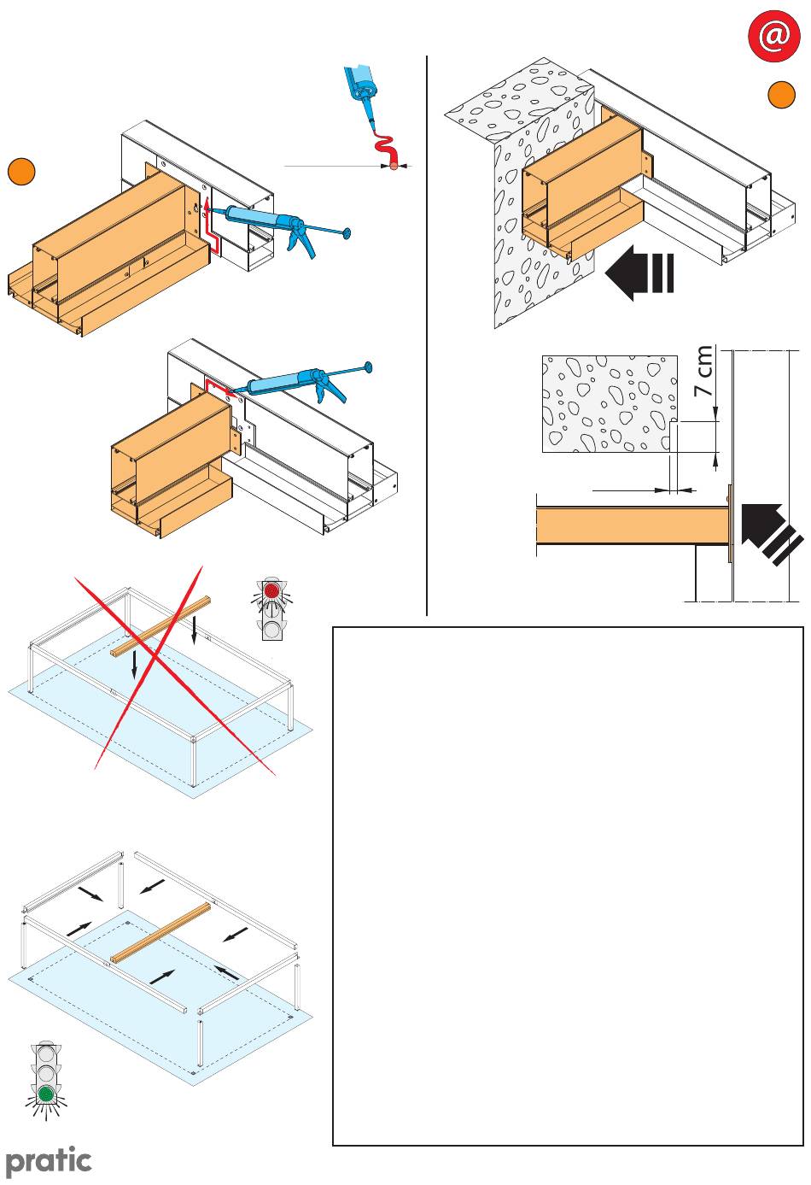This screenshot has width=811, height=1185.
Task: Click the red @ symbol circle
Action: point(773,35)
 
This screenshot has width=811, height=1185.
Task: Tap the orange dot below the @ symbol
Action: point(781,95)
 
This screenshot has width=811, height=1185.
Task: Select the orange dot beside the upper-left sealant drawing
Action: point(21,172)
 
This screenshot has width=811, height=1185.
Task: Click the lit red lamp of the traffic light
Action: point(273,590)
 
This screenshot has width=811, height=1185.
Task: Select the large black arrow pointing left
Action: point(639,273)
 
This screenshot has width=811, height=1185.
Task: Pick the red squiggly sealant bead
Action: point(387,151)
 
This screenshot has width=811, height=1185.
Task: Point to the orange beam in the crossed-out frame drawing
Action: point(160,627)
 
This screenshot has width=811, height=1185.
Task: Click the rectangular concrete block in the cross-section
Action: point(610,403)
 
